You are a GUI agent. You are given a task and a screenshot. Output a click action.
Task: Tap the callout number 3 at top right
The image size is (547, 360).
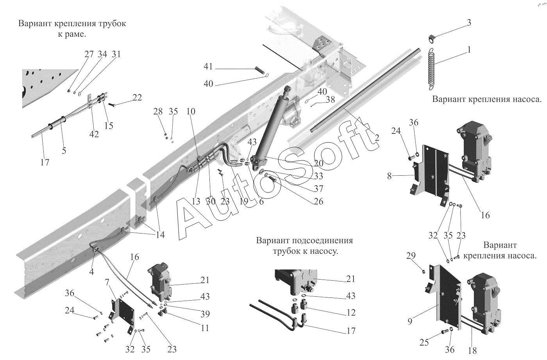click(469, 23)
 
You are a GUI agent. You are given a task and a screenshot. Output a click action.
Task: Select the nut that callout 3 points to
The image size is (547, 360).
click(431, 38)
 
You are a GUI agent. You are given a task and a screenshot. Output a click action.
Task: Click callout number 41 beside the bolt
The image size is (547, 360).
click(208, 67)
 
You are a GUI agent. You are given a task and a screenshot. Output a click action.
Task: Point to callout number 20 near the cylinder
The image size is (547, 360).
click(318, 164)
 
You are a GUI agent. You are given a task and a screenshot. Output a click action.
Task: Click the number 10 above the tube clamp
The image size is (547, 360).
click(191, 111)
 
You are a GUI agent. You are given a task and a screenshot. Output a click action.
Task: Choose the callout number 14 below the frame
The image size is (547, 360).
click(160, 235)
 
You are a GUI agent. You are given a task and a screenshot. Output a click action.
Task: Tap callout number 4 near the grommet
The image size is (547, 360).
click(91, 272)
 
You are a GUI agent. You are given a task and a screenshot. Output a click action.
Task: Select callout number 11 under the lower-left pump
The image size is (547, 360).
click(205, 328)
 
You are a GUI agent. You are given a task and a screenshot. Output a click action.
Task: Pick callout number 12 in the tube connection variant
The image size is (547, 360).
click(351, 312)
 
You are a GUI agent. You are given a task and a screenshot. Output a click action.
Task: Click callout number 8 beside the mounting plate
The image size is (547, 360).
click(389, 176)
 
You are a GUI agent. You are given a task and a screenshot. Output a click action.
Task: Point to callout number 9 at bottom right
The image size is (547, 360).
click(410, 321)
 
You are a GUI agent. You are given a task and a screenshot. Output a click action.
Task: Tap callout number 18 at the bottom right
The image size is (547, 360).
click(472, 350)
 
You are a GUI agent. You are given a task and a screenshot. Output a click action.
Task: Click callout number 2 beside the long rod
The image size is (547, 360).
click(377, 137)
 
